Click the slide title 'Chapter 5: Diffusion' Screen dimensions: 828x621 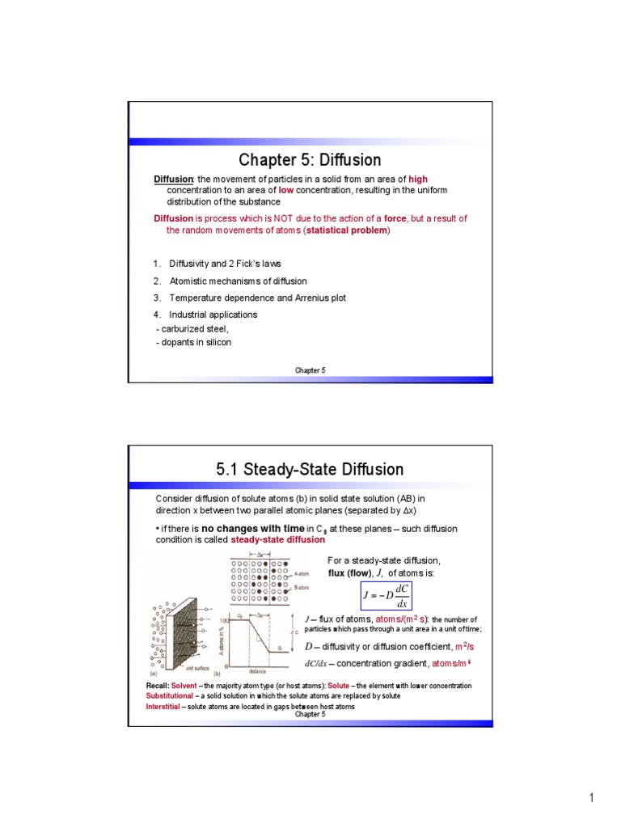310,159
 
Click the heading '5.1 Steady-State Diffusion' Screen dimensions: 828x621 310,469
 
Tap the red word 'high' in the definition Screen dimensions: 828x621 418,179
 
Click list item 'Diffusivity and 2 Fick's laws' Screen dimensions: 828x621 225,264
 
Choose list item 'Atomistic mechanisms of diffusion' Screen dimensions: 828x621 238,281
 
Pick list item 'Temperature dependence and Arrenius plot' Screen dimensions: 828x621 257,298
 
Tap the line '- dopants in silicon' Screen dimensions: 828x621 193,342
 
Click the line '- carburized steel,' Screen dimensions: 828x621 192,328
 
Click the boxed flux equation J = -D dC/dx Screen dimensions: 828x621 387,597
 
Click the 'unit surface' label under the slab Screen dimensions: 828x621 199,668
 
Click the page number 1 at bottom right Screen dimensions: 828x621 591,799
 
